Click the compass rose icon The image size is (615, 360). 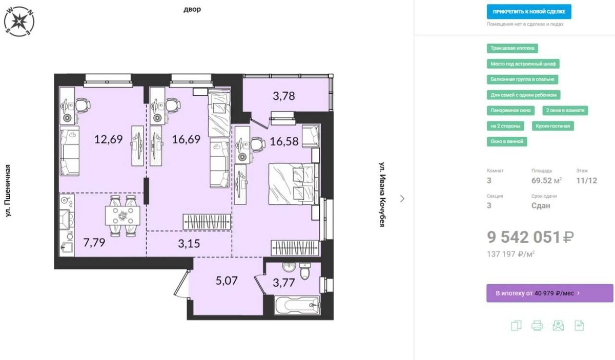(19, 21)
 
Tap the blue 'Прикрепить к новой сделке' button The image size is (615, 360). (529, 12)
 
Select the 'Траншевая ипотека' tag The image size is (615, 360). (512, 48)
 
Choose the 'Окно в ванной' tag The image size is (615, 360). (507, 141)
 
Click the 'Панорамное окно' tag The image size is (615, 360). (510, 111)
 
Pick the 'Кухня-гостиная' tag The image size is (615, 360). (552, 126)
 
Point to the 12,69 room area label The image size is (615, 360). (109, 139)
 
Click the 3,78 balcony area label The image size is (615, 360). (284, 96)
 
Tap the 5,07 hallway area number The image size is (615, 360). (227, 281)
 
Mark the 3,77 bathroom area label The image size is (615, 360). (284, 283)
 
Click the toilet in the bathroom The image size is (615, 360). (305, 271)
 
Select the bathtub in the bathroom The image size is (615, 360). (297, 305)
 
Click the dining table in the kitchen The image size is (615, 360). (122, 216)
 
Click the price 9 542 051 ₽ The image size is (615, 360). (530, 237)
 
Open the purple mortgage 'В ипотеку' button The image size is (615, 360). (549, 293)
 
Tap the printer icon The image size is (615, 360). (537, 326)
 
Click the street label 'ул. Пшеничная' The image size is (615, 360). (8, 190)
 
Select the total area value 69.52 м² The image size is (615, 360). (546, 181)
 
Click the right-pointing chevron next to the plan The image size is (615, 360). (402, 199)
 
